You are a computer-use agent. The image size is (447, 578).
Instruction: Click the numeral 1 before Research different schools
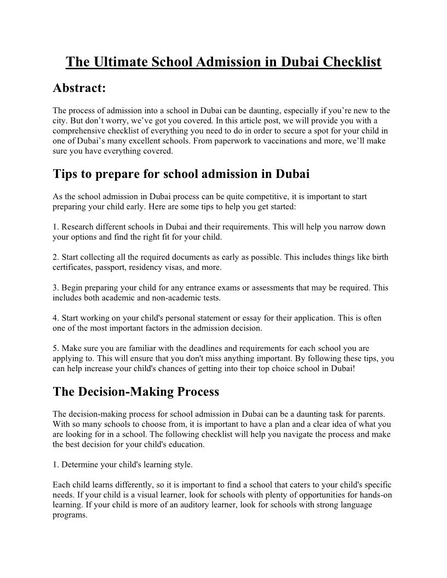click(55, 227)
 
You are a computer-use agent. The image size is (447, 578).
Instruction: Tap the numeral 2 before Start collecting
click(55, 257)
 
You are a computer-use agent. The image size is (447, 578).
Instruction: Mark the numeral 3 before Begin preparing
click(55, 287)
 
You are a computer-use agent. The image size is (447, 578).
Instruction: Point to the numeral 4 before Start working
click(55, 317)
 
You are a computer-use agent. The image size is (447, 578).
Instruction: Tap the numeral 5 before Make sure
click(55, 348)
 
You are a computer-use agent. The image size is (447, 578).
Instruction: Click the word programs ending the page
click(70, 515)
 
